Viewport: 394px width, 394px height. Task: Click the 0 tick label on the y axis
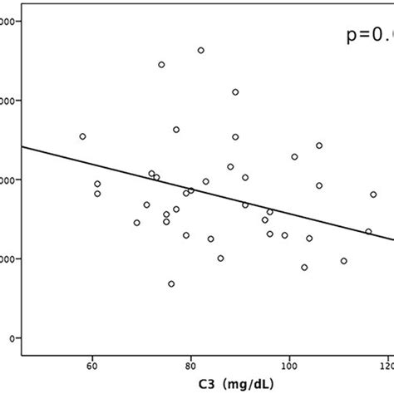[x=8, y=338]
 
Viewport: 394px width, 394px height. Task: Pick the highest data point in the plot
[x=200, y=51]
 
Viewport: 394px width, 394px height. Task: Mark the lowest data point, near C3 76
[x=171, y=283]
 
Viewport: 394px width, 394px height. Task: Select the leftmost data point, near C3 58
[x=82, y=136]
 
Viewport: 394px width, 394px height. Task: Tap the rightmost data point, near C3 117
[x=373, y=195]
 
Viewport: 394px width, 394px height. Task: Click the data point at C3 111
[x=343, y=261]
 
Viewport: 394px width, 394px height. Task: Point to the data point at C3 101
[x=294, y=156]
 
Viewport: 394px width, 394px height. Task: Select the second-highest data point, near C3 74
[x=161, y=65]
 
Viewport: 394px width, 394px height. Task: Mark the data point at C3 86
[x=220, y=259]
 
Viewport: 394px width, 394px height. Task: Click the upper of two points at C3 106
[x=318, y=145]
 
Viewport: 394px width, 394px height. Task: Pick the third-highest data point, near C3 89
[x=235, y=92]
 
